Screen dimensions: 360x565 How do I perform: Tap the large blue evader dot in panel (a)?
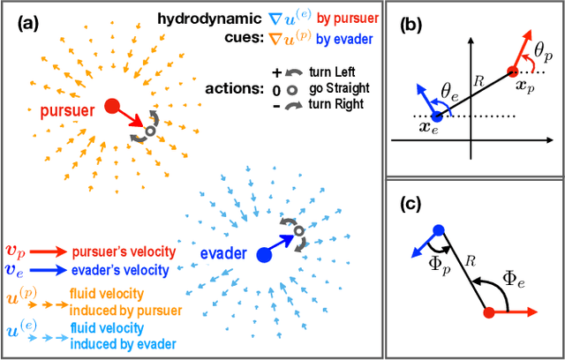(x=263, y=255)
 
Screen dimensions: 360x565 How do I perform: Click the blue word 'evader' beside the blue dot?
(x=216, y=251)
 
